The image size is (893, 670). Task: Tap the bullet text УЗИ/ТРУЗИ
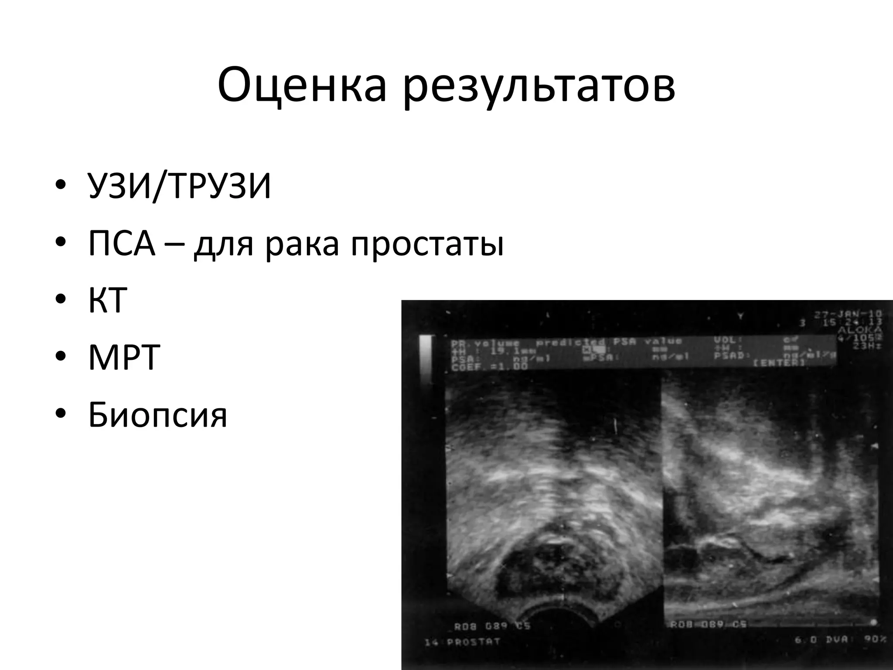179,186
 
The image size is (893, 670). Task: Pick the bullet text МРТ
124,357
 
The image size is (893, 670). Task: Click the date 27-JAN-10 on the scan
848,314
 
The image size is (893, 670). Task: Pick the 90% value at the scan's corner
875,639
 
